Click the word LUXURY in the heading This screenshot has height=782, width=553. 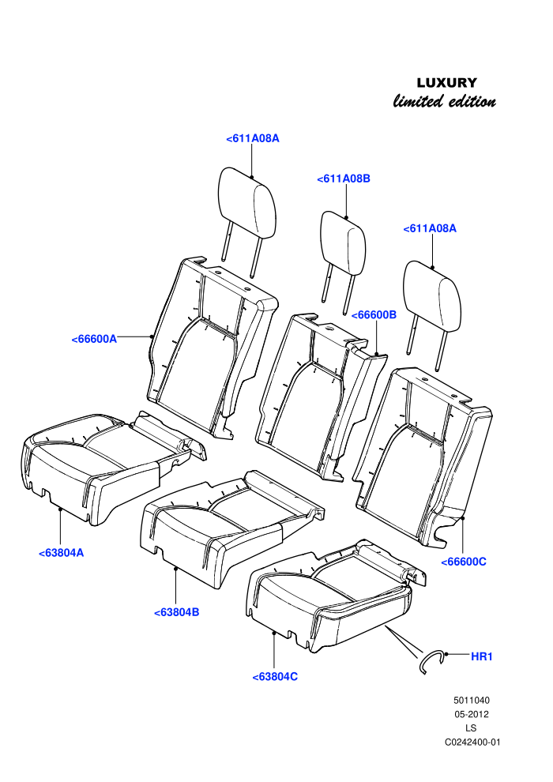(x=447, y=83)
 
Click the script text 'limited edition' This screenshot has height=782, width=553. (x=445, y=102)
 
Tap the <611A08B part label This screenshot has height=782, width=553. (x=344, y=179)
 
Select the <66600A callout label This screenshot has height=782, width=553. (x=94, y=339)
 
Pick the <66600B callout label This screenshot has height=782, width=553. (x=374, y=315)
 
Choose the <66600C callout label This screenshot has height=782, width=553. (x=464, y=562)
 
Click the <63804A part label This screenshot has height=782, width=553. (x=62, y=553)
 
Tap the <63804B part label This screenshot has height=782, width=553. (x=176, y=612)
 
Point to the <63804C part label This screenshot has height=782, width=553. (x=275, y=677)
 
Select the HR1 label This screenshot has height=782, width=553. (x=482, y=657)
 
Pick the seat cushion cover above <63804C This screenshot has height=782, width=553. (x=334, y=596)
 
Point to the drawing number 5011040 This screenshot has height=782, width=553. (x=471, y=700)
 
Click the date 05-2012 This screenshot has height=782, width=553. (x=471, y=714)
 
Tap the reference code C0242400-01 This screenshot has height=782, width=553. (x=472, y=742)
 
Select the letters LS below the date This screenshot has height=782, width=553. (x=471, y=728)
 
